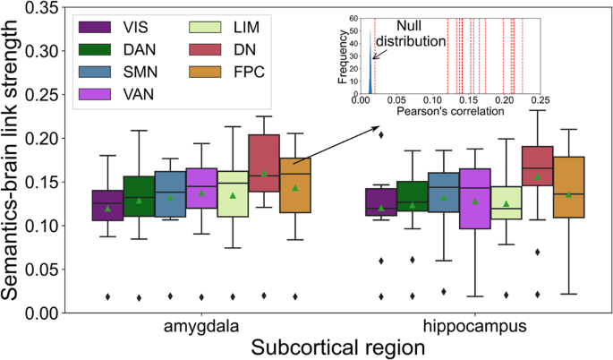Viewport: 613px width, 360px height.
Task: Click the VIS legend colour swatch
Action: [x=98, y=26]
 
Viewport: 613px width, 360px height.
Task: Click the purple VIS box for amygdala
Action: [x=107, y=204]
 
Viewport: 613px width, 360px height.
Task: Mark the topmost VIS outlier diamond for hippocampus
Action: [x=381, y=134]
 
